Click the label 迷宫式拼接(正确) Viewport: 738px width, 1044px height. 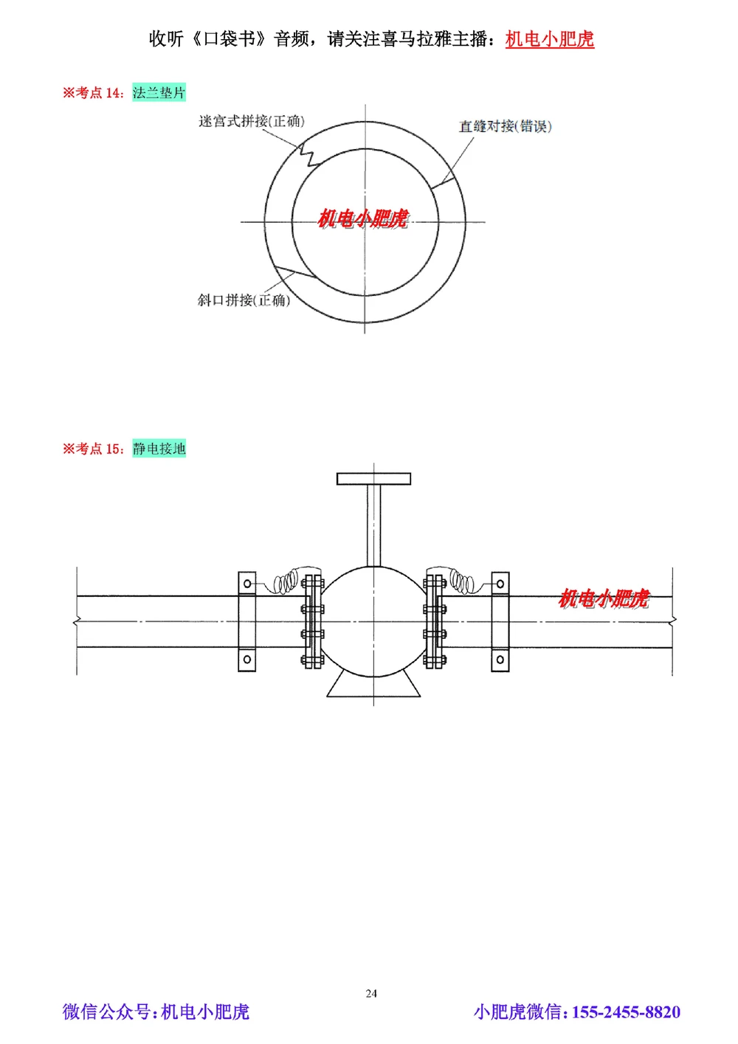251,121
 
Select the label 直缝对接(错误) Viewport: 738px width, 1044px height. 505,126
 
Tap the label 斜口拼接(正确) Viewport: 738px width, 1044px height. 244,300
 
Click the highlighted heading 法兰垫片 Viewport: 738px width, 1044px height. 159,93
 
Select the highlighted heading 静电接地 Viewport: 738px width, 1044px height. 159,449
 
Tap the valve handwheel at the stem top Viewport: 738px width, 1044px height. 373,479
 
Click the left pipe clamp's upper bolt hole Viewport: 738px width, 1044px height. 247,584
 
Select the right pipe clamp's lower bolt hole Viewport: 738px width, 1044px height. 500,659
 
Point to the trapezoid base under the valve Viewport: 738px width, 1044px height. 373,685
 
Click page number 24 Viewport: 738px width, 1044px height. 371,993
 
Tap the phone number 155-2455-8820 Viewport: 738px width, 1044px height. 626,1012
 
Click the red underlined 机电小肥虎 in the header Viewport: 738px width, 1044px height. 549,39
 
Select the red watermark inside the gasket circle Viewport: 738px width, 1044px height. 362,218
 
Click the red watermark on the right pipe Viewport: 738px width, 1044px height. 604,598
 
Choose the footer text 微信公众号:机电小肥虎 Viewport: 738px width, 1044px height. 156,1012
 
